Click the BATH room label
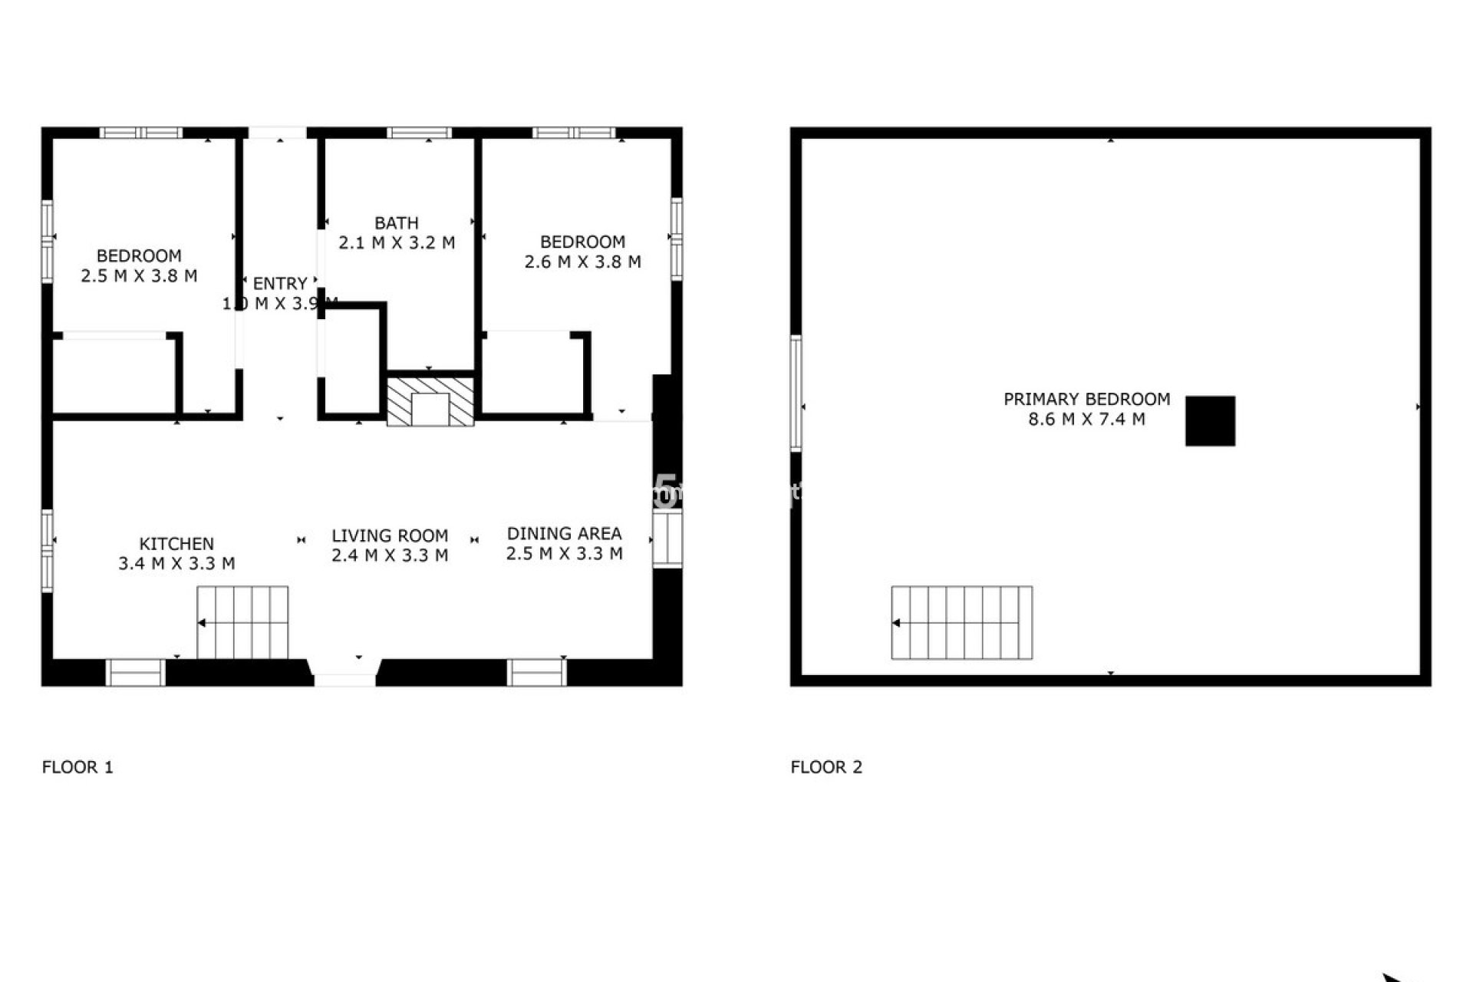tap(396, 223)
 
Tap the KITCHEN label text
tap(176, 544)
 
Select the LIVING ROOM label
tap(390, 536)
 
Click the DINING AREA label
tap(564, 534)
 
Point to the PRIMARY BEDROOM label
tap(1086, 399)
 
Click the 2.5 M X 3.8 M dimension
tap(139, 276)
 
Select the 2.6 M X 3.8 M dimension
tap(582, 262)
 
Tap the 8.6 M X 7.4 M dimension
tap(1086, 420)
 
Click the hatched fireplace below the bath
tap(430, 400)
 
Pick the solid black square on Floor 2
tap(1210, 421)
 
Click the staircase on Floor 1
tap(243, 622)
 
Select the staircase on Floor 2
tap(961, 622)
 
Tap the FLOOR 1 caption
tap(77, 767)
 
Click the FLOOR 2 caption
tap(826, 767)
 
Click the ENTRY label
tap(280, 284)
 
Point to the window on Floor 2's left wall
tap(796, 393)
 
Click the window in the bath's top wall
tap(419, 133)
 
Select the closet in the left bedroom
tap(114, 376)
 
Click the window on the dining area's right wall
tap(667, 539)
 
